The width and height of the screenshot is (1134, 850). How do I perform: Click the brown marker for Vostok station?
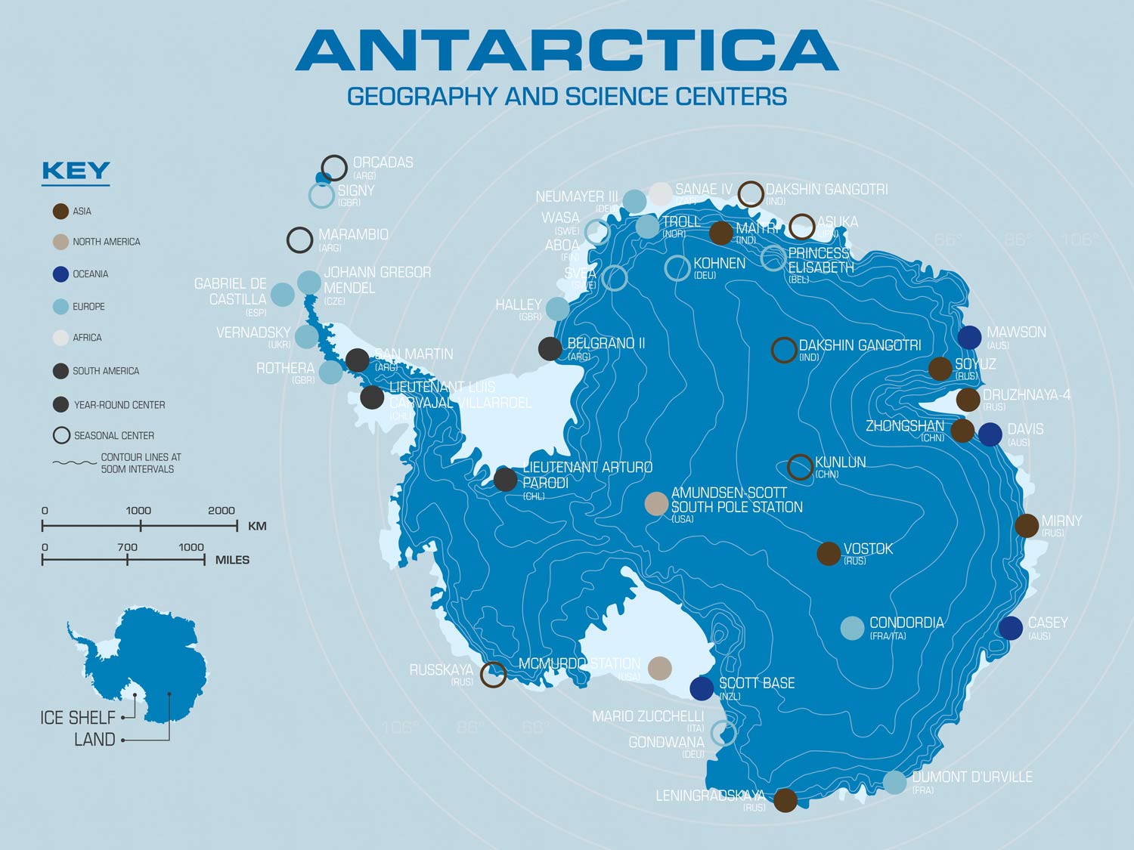(x=829, y=554)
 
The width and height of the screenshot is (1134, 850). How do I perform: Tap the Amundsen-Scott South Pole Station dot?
(x=656, y=503)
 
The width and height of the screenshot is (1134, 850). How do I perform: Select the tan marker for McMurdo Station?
(x=659, y=668)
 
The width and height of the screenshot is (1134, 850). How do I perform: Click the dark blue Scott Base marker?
(x=702, y=688)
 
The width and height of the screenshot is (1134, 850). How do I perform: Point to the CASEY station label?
(x=1047, y=623)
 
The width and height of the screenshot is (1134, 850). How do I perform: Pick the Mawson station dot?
(x=969, y=338)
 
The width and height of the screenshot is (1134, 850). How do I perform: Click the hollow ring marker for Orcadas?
(x=334, y=168)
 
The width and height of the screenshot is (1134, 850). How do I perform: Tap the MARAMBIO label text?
(x=353, y=235)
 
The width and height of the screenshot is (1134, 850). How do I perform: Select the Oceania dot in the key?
(x=60, y=274)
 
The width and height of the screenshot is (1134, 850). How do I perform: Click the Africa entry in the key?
(x=87, y=338)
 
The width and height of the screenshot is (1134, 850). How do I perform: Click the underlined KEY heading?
(x=76, y=172)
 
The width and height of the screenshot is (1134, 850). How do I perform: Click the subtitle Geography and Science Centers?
(x=566, y=97)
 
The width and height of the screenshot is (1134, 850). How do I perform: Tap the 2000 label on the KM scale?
(x=221, y=511)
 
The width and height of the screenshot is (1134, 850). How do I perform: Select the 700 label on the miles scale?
(x=127, y=547)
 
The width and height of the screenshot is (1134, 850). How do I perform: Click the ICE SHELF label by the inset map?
(x=78, y=717)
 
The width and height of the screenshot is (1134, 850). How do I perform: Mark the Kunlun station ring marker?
(x=800, y=467)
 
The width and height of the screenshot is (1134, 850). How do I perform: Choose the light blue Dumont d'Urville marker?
(x=894, y=782)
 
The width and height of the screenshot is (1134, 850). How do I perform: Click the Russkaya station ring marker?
(x=494, y=674)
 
